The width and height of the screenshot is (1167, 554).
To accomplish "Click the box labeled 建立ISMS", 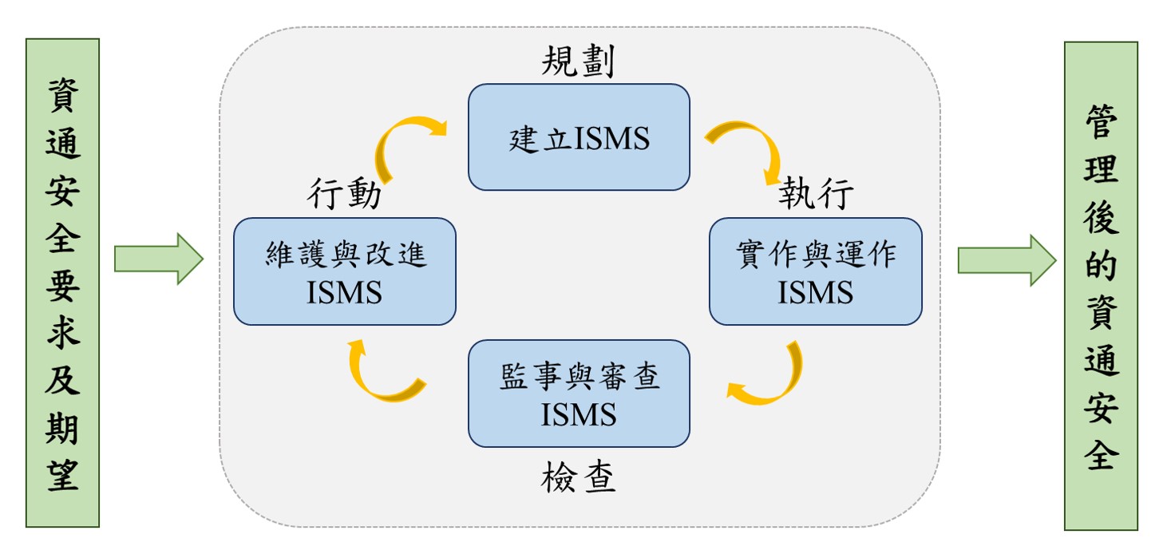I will tap(579, 137).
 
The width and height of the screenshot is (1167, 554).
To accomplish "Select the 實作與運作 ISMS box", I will tap(815, 271).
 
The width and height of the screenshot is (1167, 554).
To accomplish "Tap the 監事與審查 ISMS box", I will tap(579, 394).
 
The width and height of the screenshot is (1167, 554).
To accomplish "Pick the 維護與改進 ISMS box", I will tap(344, 271).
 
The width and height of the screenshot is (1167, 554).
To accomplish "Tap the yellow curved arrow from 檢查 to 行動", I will tap(379, 375).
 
